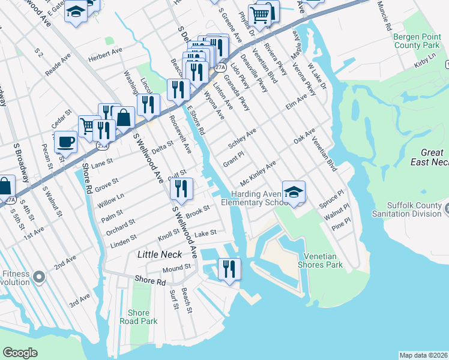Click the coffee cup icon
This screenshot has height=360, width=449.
pos(65,142)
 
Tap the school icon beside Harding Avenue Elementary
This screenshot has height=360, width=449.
pos(294,193)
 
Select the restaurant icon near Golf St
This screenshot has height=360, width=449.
pos(181,189)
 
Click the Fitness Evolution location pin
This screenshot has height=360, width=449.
pos(39,277)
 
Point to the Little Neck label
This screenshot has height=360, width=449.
pos(155,254)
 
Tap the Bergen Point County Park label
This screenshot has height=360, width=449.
pos(416,41)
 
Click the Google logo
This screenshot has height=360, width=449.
pos(20,353)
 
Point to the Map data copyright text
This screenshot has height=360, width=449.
pos(424,355)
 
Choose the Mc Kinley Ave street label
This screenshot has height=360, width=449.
pos(258,173)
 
